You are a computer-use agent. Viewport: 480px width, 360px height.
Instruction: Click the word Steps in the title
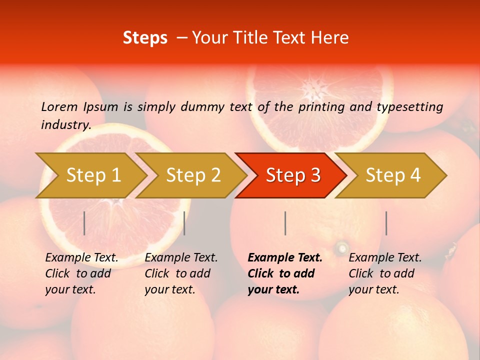145,38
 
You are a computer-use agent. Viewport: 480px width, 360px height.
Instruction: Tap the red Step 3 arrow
293,175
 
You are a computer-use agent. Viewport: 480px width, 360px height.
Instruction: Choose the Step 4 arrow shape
393,175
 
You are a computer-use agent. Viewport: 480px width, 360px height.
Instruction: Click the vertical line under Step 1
84,223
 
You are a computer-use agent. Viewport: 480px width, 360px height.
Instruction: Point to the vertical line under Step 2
184,223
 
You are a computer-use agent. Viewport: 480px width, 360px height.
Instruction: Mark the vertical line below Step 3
285,223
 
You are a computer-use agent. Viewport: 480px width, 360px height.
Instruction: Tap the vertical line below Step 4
386,223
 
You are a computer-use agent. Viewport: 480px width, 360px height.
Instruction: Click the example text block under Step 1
81,273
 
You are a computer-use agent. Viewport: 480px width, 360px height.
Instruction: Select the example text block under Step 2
181,273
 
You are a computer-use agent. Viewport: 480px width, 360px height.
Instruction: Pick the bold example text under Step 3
285,273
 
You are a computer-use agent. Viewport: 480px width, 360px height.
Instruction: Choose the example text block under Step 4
385,273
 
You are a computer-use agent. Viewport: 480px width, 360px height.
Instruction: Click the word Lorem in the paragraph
59,106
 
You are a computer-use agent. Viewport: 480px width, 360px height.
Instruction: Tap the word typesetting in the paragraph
409,107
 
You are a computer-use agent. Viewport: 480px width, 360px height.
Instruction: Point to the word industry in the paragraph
65,125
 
